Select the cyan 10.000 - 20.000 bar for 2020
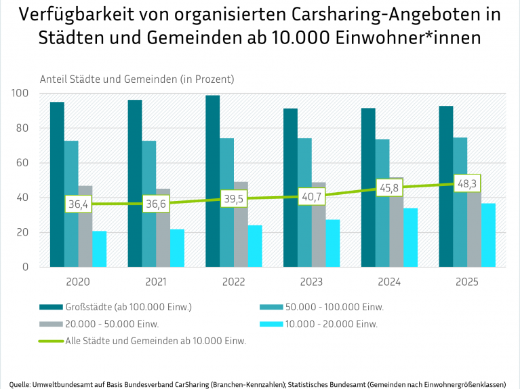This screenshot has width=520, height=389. [x=100, y=249]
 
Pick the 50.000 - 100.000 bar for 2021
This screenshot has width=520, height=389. [x=148, y=204]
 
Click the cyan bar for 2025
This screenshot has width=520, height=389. [x=489, y=235]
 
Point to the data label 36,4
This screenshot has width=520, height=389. [x=79, y=204]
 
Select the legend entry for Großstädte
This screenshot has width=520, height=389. [x=129, y=307]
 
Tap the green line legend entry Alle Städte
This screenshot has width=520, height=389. [x=155, y=341]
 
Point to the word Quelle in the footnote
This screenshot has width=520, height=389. [x=20, y=384]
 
